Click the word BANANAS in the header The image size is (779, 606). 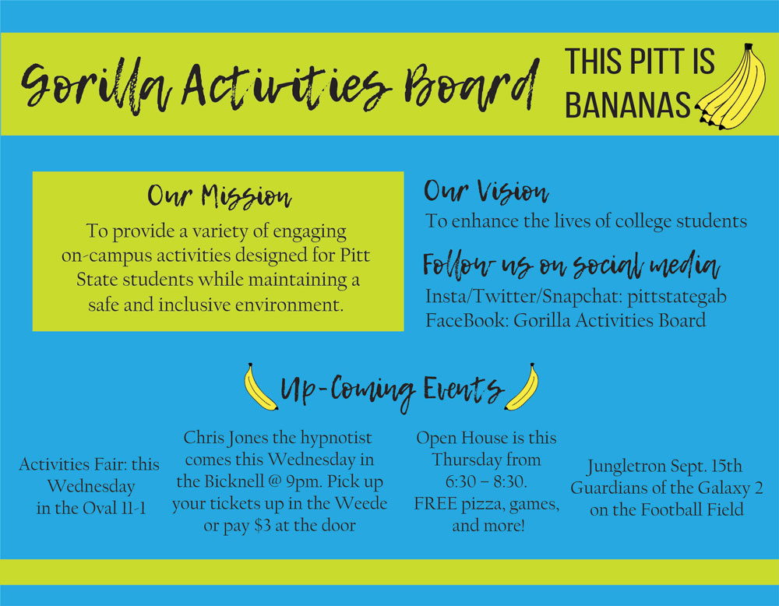pyautogui.click(x=627, y=104)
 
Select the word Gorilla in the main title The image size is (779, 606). pyautogui.click(x=97, y=84)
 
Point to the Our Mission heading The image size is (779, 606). pyautogui.click(x=219, y=196)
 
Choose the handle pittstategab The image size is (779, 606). pyautogui.click(x=677, y=297)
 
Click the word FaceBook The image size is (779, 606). pyautogui.click(x=467, y=320)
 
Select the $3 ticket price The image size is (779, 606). pyautogui.click(x=262, y=526)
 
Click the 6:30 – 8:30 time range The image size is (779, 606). pyautogui.click(x=486, y=482)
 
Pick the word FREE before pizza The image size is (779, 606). pyautogui.click(x=435, y=504)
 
